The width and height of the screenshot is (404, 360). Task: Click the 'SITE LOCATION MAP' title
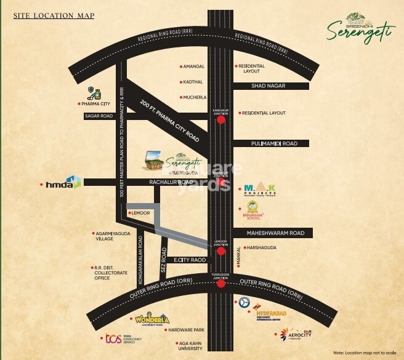coord(54,14)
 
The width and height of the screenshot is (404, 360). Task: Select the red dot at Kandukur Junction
coord(220,121)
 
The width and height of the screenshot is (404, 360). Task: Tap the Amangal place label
coord(196,66)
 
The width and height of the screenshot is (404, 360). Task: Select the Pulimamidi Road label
coord(274,143)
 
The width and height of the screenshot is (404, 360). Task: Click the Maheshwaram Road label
coord(276,233)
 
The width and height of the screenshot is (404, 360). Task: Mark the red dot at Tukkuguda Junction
coord(220,284)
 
